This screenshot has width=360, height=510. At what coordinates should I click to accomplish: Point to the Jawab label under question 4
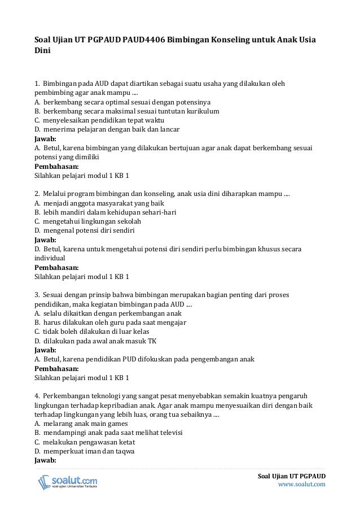[46, 460]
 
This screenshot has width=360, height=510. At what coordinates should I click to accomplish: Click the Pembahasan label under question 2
[56, 267]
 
